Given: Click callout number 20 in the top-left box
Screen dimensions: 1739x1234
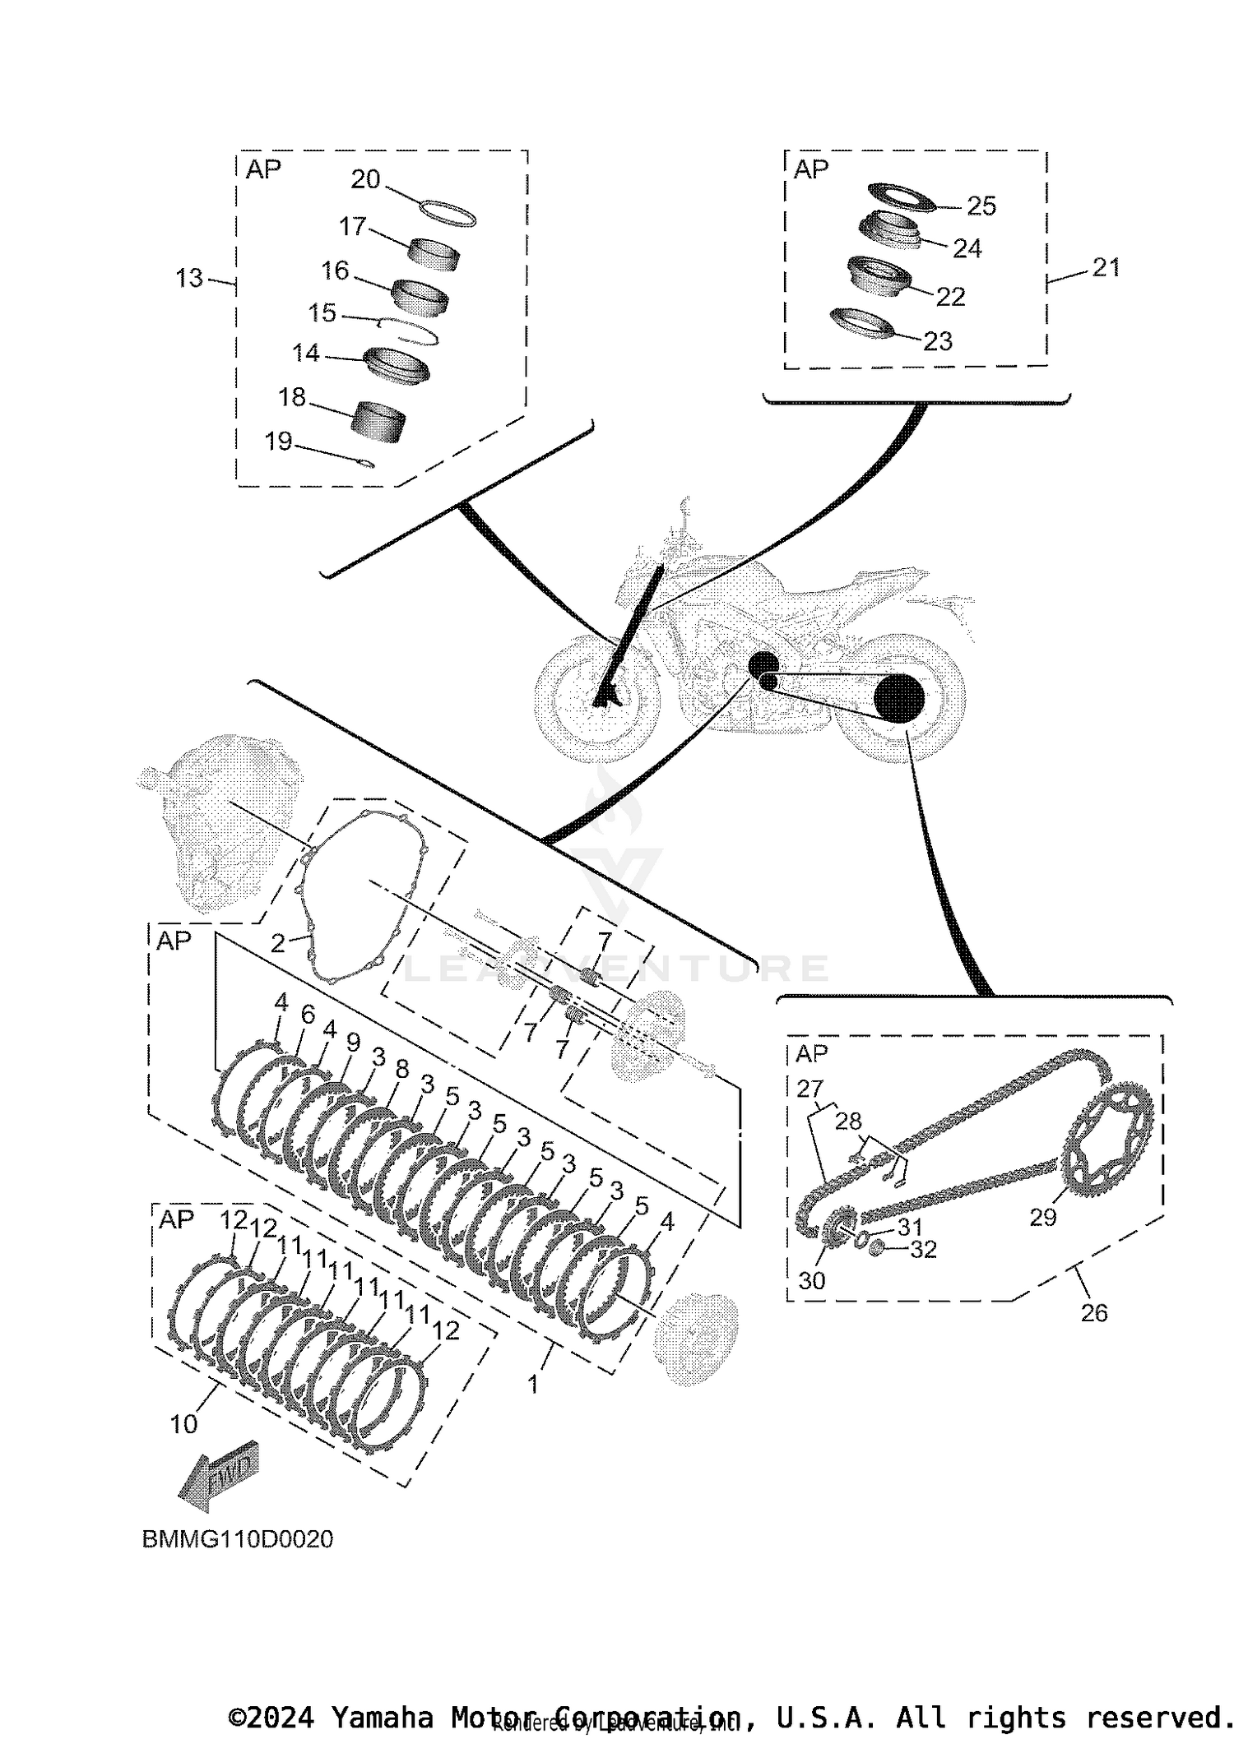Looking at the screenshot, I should (365, 179).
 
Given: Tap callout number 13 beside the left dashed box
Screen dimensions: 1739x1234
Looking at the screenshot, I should (189, 278).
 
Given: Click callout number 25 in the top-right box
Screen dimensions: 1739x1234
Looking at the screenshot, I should (981, 206).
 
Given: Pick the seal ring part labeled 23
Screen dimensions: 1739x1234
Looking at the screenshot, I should (861, 323).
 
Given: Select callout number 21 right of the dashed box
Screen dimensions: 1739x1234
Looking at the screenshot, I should (1106, 267).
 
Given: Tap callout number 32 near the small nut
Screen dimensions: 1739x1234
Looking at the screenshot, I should (923, 1250).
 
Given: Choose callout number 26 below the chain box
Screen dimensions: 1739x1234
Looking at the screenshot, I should (1093, 1313).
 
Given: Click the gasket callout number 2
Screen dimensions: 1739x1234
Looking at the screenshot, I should (278, 943).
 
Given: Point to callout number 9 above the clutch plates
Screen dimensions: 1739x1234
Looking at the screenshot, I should (353, 1043).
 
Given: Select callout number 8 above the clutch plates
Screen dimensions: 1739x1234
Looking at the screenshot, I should (401, 1069).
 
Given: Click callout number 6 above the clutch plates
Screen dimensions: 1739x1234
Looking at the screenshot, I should (308, 1015).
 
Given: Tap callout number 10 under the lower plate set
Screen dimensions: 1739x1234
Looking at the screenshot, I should (183, 1424).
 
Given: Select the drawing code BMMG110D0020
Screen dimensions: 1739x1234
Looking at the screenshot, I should (238, 1539).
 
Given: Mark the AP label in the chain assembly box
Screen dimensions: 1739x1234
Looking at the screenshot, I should (811, 1053).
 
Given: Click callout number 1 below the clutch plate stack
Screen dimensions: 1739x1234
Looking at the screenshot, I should (532, 1385).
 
